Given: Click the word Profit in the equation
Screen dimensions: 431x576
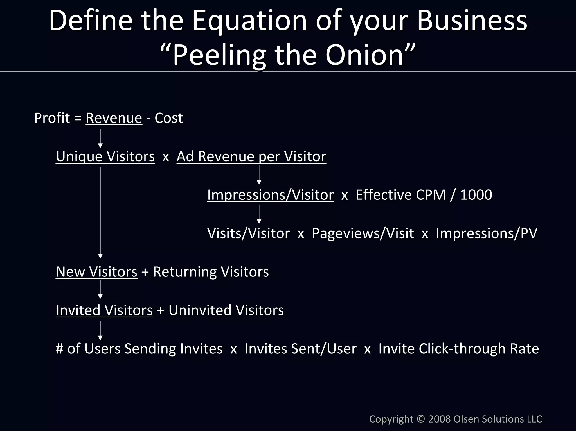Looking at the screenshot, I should point(52,118).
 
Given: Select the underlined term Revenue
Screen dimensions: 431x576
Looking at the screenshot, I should point(114,118).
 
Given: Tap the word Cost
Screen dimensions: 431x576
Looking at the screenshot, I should point(168,118).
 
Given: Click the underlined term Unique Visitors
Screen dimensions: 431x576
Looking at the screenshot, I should point(105,156).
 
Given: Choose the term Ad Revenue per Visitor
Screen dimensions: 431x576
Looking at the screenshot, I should point(251,156).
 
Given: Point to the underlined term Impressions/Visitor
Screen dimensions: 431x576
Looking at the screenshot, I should point(270,195).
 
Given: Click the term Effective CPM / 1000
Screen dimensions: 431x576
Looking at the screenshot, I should point(424,195).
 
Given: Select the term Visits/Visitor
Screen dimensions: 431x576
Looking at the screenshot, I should point(248,233).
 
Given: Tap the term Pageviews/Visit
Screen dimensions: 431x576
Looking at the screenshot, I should point(363,233).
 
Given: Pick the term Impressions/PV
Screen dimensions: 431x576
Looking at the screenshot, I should point(486,233).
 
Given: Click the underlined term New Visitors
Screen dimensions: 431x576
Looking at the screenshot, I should point(96,272).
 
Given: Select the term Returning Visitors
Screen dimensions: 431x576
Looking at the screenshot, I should point(211,272).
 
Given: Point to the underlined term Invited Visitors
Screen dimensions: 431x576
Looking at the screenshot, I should point(104,310).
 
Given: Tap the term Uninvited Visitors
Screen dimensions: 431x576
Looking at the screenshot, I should point(226,310).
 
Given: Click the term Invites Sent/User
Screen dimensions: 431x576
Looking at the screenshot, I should point(300,349).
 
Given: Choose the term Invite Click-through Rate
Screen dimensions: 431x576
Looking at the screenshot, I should point(458,349).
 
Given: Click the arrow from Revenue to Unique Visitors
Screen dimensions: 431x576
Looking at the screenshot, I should point(100,138).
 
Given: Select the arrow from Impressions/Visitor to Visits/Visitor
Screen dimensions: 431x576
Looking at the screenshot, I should point(259,214).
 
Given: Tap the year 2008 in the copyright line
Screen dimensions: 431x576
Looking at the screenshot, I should point(440,419).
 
